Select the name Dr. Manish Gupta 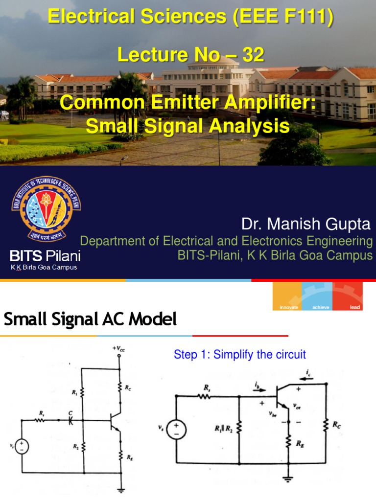click(306, 225)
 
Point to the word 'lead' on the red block click(355, 307)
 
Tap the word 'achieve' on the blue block click(318, 307)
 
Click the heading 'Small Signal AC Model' click(90, 320)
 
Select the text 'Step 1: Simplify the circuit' click(240, 354)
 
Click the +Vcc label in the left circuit click(119, 349)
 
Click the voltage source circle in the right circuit click(175, 431)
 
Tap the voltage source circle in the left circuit click(23, 446)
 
